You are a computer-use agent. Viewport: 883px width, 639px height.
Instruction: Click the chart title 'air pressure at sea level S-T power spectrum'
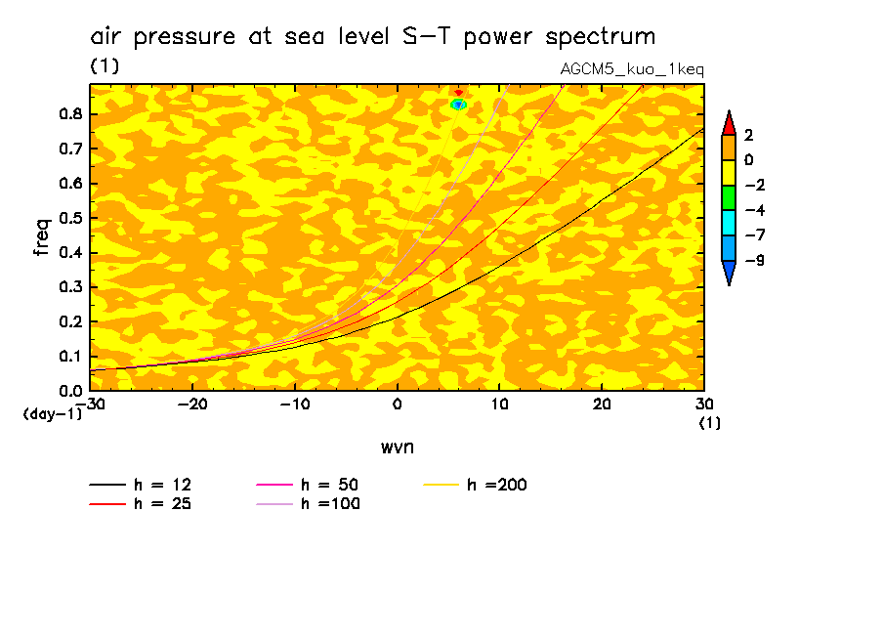(372, 37)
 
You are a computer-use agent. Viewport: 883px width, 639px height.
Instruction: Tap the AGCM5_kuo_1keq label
(632, 69)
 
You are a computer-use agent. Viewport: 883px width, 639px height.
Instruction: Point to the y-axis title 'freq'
(42, 236)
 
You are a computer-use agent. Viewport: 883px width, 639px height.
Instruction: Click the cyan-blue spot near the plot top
(458, 104)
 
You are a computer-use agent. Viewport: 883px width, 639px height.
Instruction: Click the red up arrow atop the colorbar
(729, 121)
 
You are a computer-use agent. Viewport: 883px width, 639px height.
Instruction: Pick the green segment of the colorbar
(729, 196)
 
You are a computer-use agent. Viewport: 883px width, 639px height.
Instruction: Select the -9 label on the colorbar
(755, 260)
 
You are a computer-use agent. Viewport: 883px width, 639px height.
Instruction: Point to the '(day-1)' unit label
(52, 414)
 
